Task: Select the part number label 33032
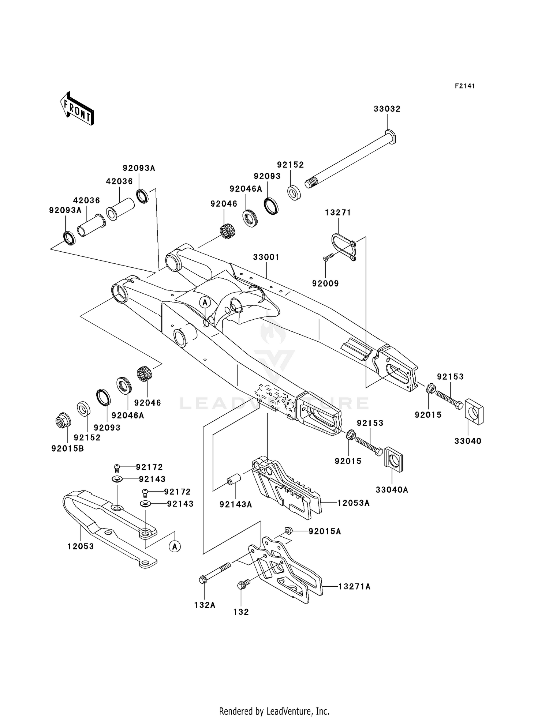[x=387, y=109]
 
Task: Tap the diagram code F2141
[x=465, y=86]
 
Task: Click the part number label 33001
[x=266, y=257]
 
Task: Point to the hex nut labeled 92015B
[x=62, y=421]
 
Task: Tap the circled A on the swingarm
[x=205, y=302]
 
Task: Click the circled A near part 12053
[x=175, y=546]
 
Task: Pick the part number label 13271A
[x=354, y=587]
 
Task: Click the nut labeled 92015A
[x=288, y=530]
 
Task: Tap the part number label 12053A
[x=353, y=503]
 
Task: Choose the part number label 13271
[x=338, y=213]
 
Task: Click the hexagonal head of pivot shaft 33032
[x=391, y=136]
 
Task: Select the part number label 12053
[x=81, y=546]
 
